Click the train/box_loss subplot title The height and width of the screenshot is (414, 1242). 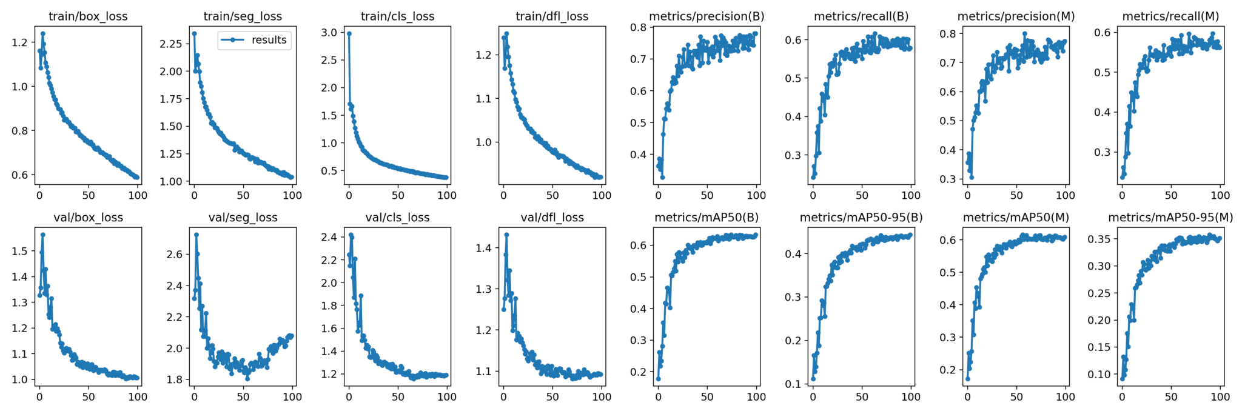(x=88, y=16)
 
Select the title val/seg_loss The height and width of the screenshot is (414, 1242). (x=243, y=218)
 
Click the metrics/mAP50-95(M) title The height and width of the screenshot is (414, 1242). (x=1170, y=218)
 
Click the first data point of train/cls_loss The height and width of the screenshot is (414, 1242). (x=349, y=33)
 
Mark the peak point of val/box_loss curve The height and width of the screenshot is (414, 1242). (x=42, y=235)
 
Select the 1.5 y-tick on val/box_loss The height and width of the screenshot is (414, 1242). (x=19, y=251)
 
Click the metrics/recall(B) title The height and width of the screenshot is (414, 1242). (x=861, y=16)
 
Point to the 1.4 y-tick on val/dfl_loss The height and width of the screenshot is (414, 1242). (x=483, y=247)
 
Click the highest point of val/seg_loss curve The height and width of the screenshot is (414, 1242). (x=196, y=235)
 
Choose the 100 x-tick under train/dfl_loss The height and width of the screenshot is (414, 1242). (x=602, y=195)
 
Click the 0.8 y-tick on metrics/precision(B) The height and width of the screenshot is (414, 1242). (x=638, y=27)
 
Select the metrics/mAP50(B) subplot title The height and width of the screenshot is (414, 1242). (x=707, y=218)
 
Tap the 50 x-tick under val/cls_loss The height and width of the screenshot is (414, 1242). (x=398, y=396)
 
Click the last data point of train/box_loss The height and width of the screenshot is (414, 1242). (x=137, y=178)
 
